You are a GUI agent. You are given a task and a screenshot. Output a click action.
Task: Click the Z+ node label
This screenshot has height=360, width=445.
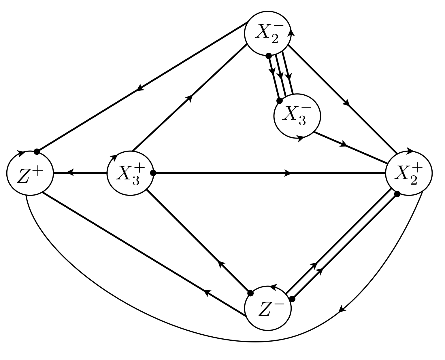point(30,174)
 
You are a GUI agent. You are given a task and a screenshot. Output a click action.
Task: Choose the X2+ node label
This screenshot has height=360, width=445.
point(409,173)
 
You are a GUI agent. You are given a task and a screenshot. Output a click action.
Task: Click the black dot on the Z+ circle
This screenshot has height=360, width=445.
point(37,151)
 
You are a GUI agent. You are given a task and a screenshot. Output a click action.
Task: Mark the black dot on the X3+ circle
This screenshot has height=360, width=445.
point(153,173)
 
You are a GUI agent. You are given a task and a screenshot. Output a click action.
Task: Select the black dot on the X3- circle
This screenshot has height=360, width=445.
point(279,101)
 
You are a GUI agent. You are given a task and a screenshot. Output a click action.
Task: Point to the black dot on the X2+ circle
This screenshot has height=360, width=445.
point(397,194)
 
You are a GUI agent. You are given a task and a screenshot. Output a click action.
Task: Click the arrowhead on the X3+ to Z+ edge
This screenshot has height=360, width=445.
point(70,173)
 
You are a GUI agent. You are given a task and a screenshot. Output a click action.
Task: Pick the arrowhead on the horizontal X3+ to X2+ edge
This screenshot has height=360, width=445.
point(288,173)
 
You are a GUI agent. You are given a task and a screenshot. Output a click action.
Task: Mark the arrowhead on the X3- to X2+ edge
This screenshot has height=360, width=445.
point(343,144)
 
